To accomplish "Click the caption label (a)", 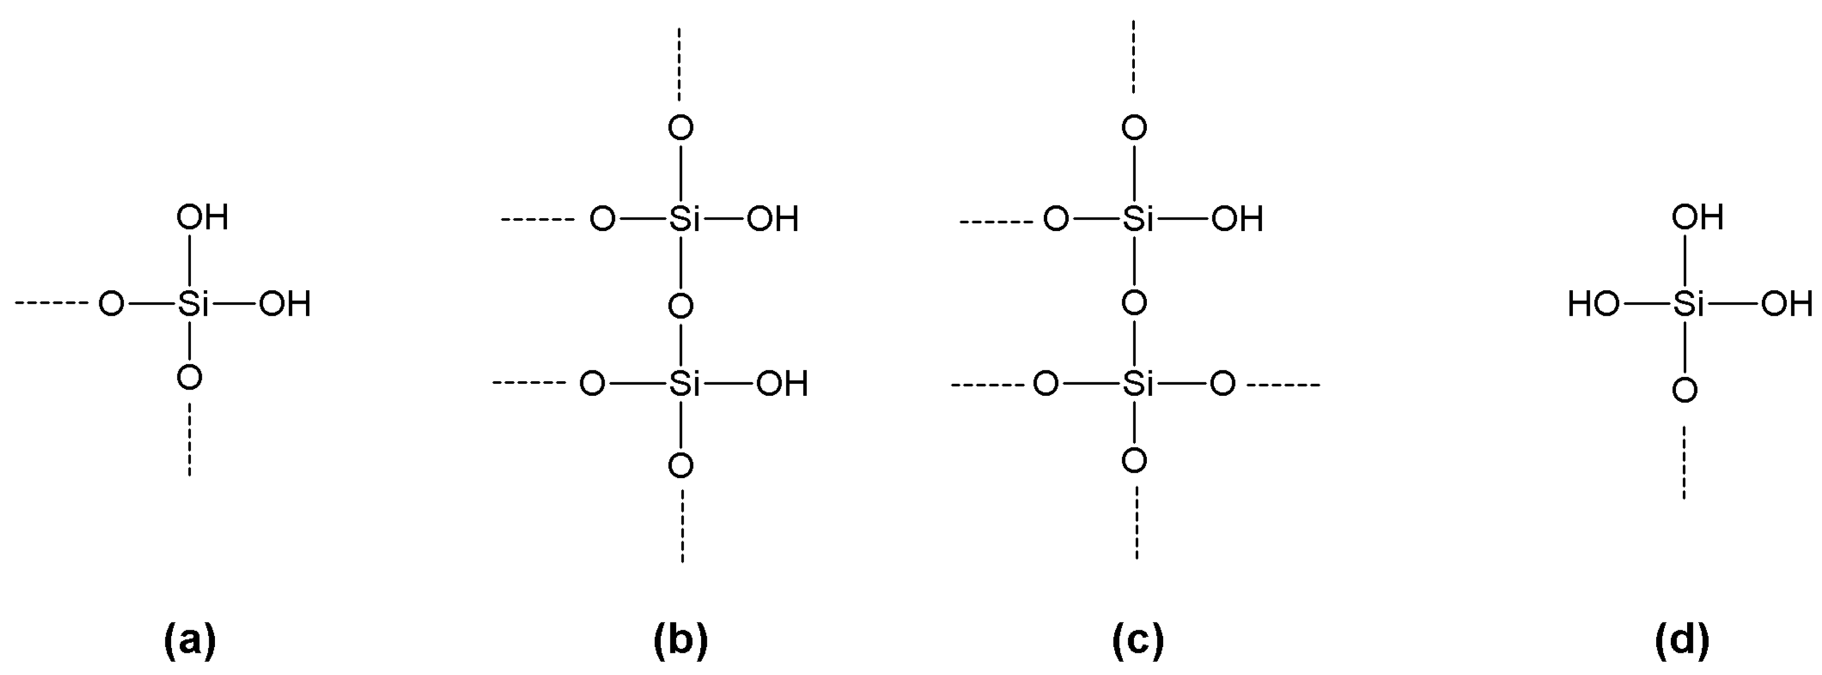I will (189, 640).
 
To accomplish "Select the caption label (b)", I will (680, 640).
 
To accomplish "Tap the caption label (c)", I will (1137, 640).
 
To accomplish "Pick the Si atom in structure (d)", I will (1689, 305).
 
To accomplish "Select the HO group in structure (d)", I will (1593, 305).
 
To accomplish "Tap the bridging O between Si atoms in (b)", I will (680, 306).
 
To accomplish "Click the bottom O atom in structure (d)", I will (1685, 390).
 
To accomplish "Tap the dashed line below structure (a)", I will (189, 439).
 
